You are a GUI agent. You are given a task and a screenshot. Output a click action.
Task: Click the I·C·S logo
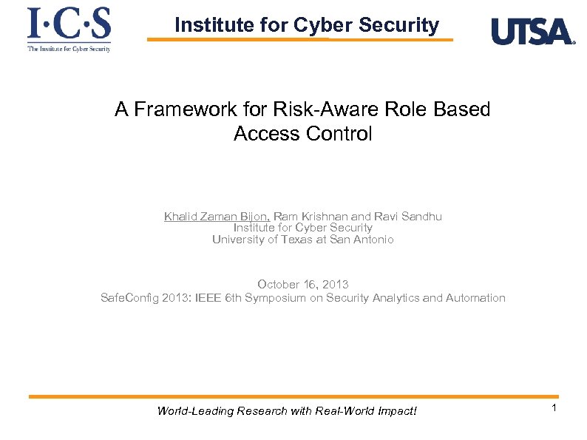69,28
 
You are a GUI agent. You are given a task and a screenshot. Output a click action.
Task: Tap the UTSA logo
532,32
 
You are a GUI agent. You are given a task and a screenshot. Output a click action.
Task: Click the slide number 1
552,408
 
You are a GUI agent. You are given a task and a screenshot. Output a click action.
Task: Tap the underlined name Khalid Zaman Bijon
217,217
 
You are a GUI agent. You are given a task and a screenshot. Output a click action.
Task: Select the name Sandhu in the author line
421,217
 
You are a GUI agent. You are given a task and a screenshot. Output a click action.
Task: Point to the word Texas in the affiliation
296,239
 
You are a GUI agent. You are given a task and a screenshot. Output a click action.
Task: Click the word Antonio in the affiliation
374,239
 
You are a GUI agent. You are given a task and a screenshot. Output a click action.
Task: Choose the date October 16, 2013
303,285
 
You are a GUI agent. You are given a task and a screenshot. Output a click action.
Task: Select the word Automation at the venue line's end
475,298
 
